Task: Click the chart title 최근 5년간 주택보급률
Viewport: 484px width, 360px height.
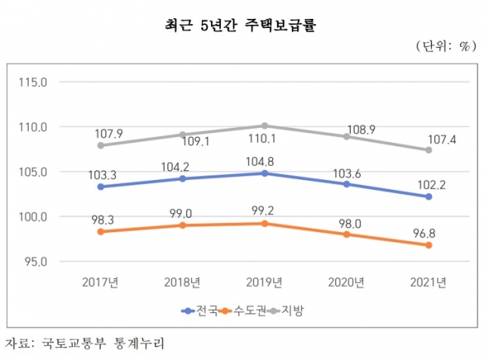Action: click(x=241, y=26)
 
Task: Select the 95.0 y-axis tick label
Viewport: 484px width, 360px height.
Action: click(x=34, y=262)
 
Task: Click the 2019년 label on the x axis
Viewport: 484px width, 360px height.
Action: click(x=265, y=282)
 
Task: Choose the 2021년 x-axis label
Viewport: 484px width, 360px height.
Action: click(x=428, y=282)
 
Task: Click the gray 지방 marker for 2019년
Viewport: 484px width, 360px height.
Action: click(x=265, y=126)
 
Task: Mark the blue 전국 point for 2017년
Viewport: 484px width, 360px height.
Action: click(x=101, y=187)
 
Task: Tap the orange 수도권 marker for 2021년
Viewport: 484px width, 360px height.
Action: click(x=428, y=245)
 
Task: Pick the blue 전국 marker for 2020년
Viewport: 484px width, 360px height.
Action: click(x=346, y=184)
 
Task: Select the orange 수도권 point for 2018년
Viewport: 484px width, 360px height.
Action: click(x=182, y=225)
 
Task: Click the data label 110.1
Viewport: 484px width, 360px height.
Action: click(x=265, y=140)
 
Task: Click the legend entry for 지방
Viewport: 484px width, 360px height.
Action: click(x=287, y=310)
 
